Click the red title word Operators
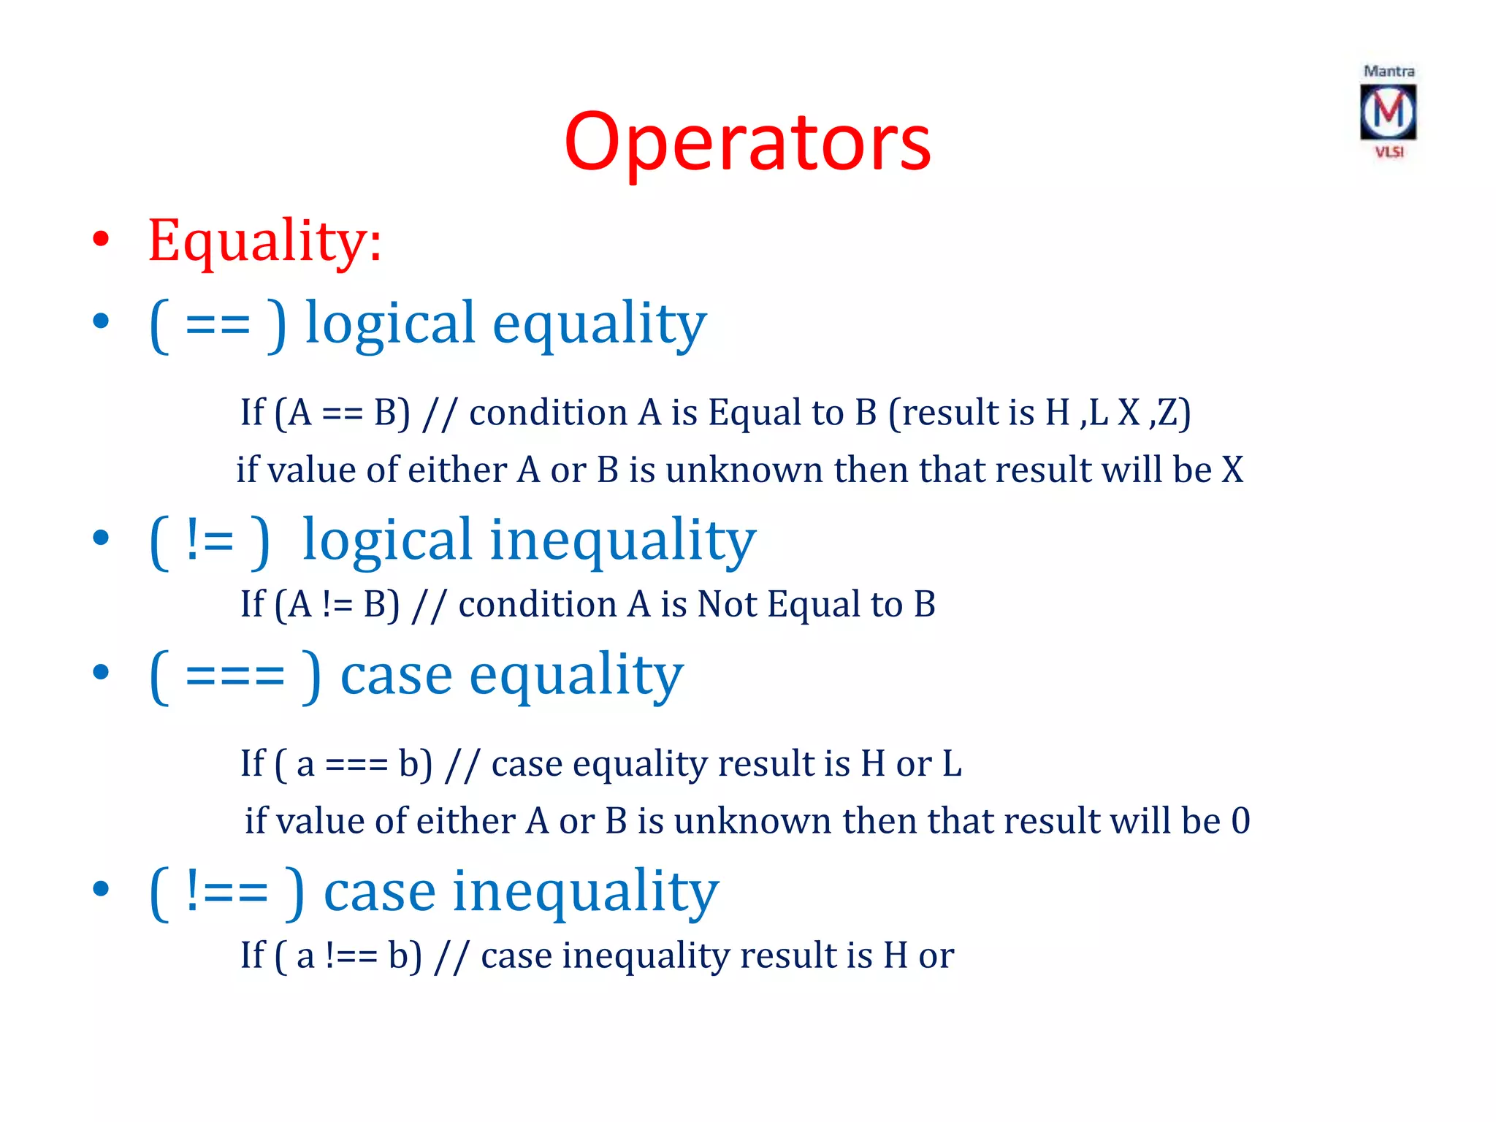click(747, 142)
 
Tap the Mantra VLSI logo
click(1388, 112)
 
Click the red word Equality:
click(264, 240)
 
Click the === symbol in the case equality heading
click(234, 676)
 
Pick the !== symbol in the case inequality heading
click(226, 892)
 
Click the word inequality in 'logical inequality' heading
click(622, 541)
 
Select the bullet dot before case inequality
click(101, 889)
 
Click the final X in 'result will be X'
click(1232, 470)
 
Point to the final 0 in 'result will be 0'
click(1240, 821)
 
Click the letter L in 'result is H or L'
click(952, 764)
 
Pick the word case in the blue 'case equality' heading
click(396, 676)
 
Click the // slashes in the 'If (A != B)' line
click(428, 606)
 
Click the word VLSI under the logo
click(1389, 152)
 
